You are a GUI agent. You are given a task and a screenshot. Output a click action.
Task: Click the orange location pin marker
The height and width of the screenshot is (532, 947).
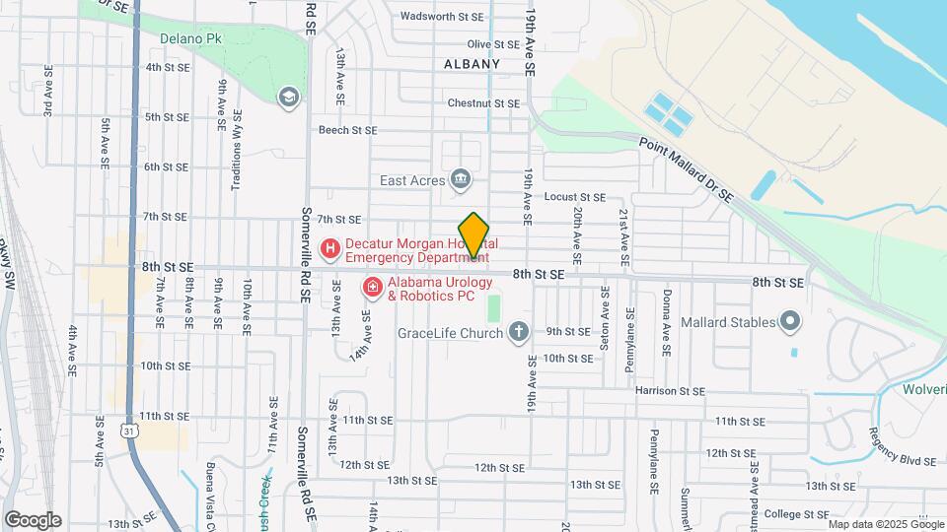474,235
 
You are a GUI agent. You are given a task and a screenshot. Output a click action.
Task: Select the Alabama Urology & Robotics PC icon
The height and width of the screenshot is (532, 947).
373,288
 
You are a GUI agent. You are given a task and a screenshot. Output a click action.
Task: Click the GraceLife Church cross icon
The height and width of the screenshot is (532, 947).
519,332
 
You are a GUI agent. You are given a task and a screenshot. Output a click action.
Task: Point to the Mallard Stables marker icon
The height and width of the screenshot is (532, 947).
789,321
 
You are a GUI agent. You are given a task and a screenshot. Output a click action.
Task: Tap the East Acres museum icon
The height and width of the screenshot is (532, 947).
460,179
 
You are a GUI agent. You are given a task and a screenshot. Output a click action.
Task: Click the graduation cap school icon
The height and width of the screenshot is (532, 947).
288,96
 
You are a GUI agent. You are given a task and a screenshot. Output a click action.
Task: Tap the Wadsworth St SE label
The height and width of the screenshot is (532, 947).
442,17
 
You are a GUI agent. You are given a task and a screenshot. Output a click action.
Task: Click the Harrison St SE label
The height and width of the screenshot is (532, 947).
670,391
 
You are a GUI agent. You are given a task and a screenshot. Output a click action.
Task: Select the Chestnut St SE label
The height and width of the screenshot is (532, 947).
482,102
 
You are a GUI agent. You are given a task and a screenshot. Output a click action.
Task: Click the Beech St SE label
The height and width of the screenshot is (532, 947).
347,130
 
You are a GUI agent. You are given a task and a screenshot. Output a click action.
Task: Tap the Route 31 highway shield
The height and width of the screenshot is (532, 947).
129,430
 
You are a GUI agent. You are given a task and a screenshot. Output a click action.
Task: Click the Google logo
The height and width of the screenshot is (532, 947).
33,519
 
